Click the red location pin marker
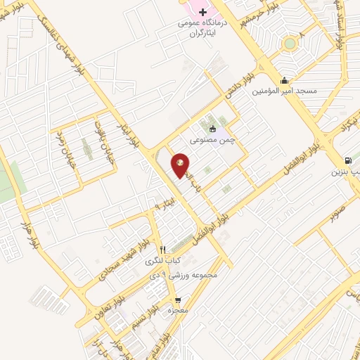(x=181, y=164)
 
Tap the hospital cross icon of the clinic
(x=203, y=12)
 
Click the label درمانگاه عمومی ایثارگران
(x=202, y=27)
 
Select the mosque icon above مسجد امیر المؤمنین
(x=284, y=79)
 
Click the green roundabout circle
(x=288, y=44)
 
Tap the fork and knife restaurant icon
(x=163, y=249)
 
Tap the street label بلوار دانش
(x=236, y=84)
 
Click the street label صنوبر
(x=337, y=209)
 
